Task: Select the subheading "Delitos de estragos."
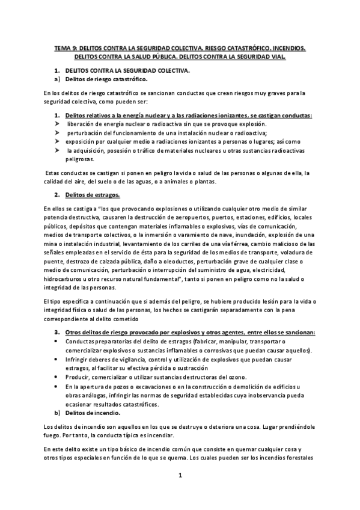(x=92, y=195)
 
